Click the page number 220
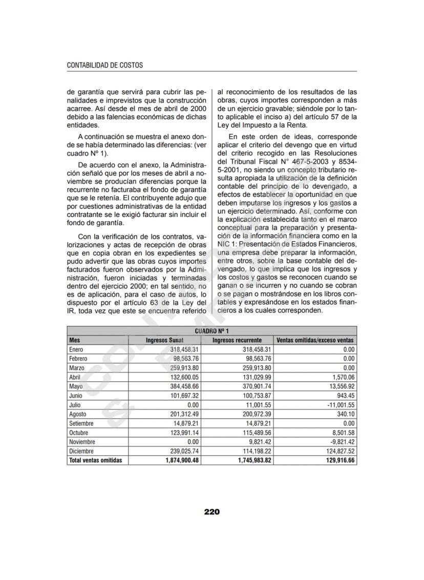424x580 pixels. [x=211, y=511]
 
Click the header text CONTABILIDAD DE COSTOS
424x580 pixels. [x=104, y=65]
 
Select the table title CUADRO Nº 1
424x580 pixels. [x=211, y=331]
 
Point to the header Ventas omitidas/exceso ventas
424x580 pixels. [x=315, y=340]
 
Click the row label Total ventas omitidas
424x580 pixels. [x=95, y=460]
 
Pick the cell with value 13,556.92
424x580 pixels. [x=340, y=386]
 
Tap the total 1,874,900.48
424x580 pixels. [x=182, y=460]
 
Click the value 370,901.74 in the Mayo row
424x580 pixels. [x=255, y=386]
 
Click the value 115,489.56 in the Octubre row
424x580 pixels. [x=255, y=432]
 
